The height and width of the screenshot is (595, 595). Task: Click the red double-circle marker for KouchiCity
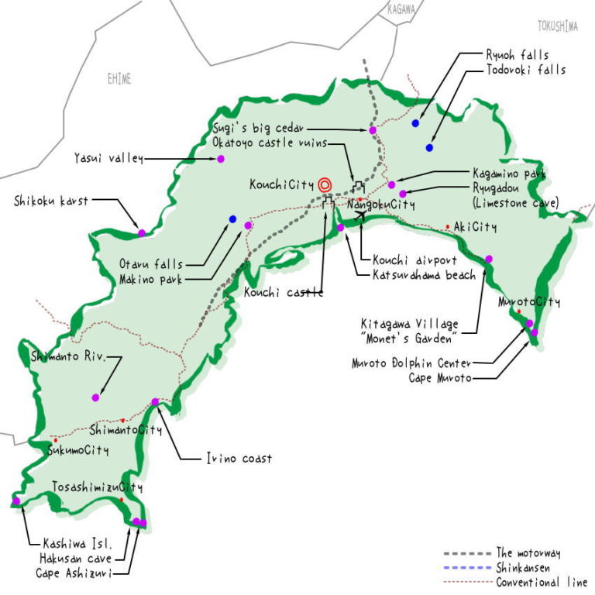coord(325,184)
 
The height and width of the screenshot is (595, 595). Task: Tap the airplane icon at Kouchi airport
coord(358,215)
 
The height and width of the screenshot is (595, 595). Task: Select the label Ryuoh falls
coord(517,56)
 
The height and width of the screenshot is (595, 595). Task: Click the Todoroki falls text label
coord(525,70)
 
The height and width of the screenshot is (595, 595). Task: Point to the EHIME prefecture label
coord(119,79)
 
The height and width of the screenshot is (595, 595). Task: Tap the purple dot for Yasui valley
coord(220,159)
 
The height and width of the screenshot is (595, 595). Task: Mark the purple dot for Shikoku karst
coord(141,232)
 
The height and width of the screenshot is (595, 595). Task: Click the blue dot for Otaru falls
coord(232,219)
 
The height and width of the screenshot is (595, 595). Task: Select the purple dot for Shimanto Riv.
coord(95,397)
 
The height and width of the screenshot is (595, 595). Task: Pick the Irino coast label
coord(239,459)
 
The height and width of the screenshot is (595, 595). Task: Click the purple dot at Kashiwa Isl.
coord(16,501)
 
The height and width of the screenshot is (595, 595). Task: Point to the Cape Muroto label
coord(439,378)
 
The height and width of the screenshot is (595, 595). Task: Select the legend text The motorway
coord(528,553)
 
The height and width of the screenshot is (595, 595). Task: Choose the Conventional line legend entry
coord(541,582)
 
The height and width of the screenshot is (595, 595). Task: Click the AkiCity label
coord(475,227)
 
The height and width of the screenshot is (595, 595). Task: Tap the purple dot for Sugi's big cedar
coord(372,130)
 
